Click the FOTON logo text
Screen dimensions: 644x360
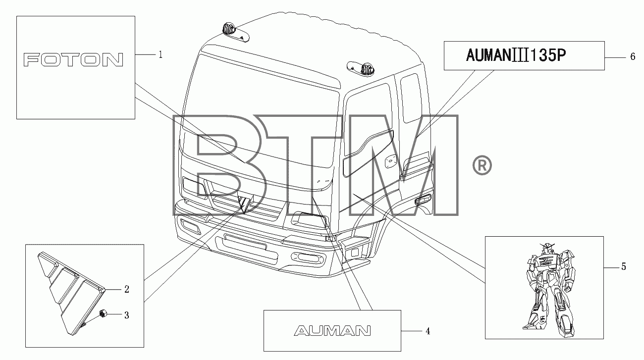pos(73,60)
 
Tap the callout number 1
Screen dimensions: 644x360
pos(161,54)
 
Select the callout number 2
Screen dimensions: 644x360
pos(126,289)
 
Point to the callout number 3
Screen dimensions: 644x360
pos(126,315)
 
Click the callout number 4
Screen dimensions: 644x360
pos(428,331)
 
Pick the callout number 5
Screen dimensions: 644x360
pos(623,266)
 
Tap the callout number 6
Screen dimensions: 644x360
pos(633,56)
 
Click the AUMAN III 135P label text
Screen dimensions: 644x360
pos(516,55)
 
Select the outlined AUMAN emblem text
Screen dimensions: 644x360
pos(332,331)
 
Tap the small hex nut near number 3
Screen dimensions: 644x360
pos(103,313)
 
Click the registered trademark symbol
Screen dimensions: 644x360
pos(482,165)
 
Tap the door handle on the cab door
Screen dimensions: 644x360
pos(390,162)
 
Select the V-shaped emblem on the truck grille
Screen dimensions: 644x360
pos(245,203)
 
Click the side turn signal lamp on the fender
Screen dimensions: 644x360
pos(423,199)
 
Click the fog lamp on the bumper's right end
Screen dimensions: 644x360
pos(307,257)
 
